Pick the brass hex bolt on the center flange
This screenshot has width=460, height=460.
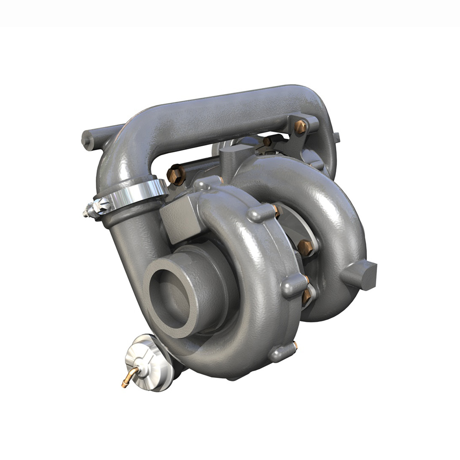[305, 245]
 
